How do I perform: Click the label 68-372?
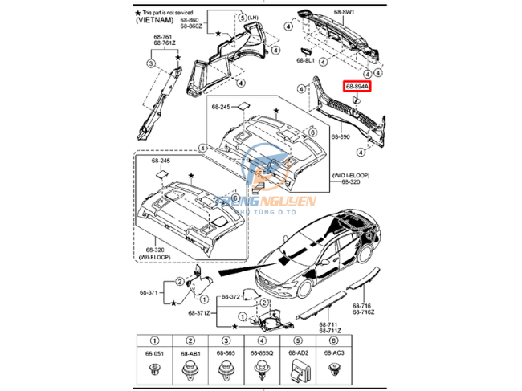[x=230, y=296]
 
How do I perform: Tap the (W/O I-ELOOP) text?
[x=350, y=174]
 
